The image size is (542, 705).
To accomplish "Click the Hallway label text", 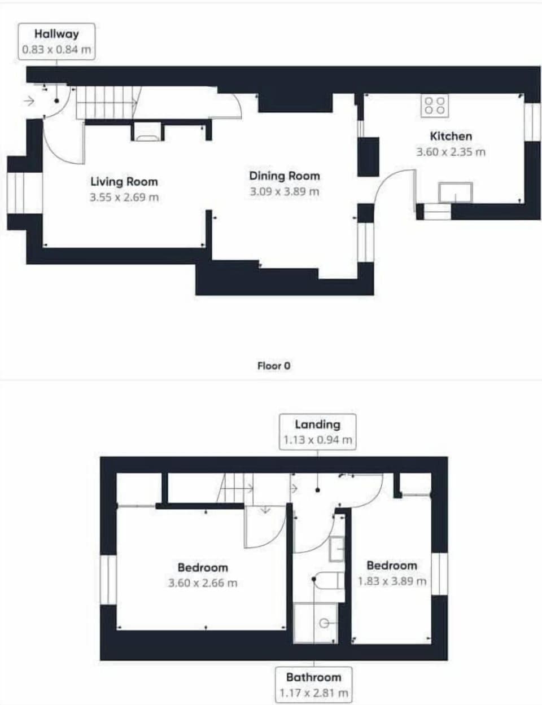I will [56, 34].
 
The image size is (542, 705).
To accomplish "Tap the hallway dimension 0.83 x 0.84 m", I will [56, 50].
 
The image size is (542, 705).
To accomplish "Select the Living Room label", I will [124, 182].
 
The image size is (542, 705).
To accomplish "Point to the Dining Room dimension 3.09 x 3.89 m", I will [285, 192].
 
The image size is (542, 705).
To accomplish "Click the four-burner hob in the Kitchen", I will [435, 106].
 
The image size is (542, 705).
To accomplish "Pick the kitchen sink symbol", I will [456, 192].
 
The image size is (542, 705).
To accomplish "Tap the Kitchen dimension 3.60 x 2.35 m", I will [451, 152].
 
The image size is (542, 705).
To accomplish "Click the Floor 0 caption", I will [274, 366].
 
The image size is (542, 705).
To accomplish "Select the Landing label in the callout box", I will [317, 424].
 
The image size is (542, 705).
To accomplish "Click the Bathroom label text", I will [313, 677].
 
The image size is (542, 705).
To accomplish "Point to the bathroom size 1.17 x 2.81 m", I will [313, 693].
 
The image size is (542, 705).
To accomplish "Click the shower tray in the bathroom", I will [316, 623].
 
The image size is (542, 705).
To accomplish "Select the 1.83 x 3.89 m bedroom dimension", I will [392, 581].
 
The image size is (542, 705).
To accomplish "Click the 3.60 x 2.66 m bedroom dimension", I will [203, 583].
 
